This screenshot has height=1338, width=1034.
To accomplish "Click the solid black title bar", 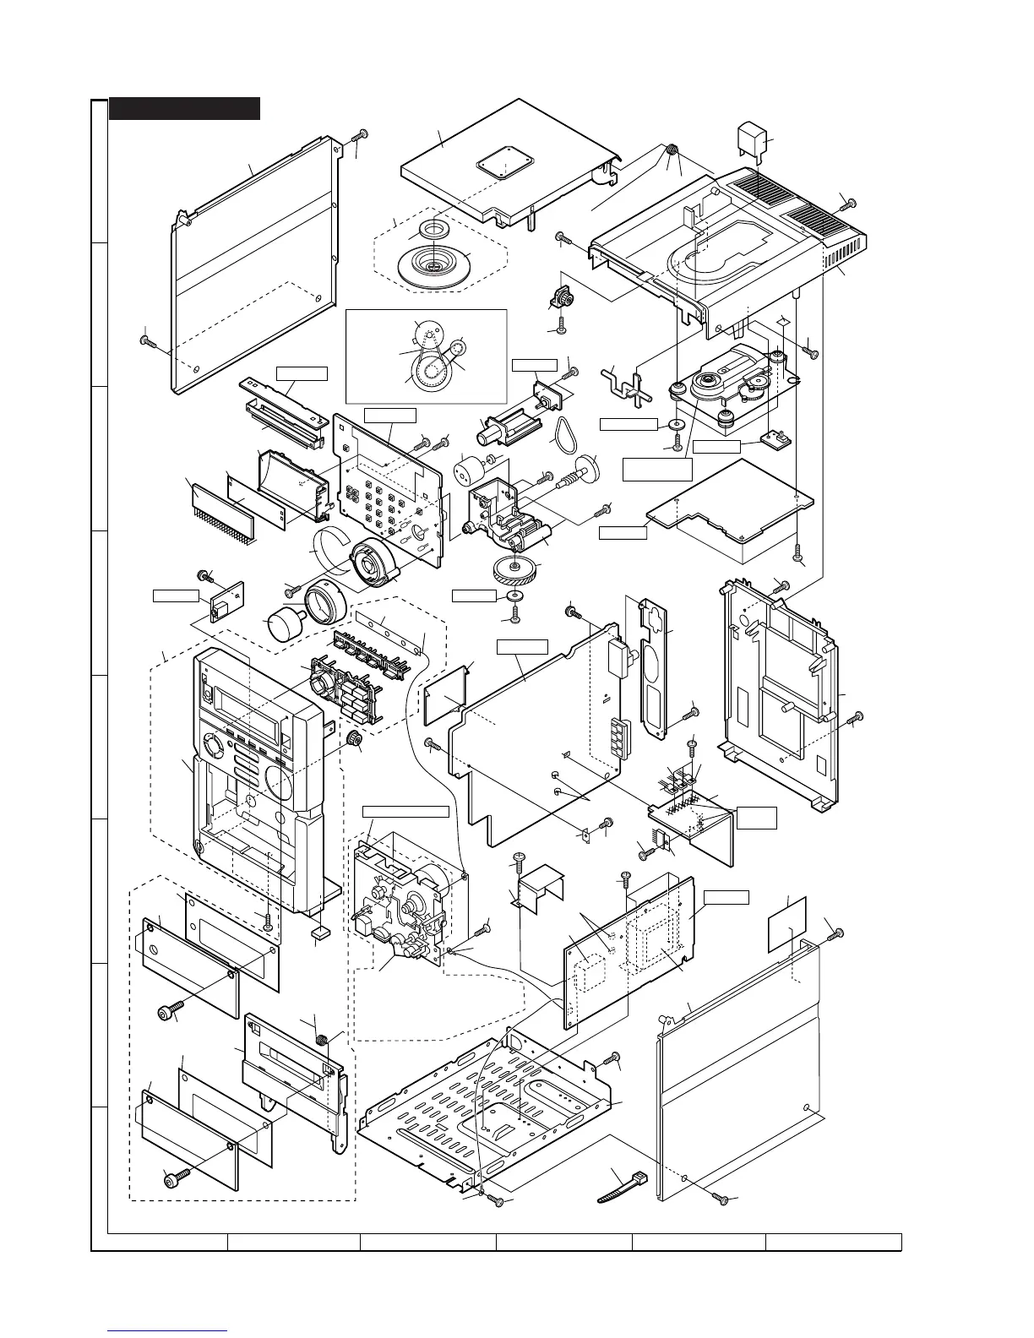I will [184, 109].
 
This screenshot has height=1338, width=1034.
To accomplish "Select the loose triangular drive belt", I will [560, 437].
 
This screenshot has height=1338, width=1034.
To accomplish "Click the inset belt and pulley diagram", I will [426, 355].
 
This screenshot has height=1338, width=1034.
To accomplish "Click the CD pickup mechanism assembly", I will [733, 384].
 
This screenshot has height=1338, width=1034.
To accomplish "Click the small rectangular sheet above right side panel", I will [786, 923].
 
